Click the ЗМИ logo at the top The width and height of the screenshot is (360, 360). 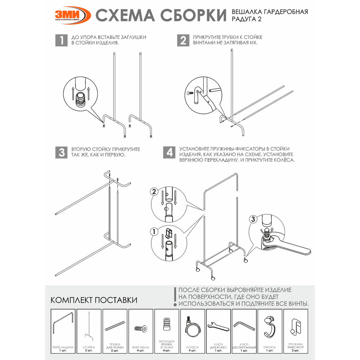point(72,15)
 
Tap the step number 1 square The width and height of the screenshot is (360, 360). point(61,40)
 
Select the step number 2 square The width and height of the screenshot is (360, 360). point(183,40)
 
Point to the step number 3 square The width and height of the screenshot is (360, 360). point(61,152)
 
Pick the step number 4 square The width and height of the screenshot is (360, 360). point(169,152)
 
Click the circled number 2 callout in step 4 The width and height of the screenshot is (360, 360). point(154,192)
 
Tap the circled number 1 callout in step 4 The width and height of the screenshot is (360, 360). point(154,231)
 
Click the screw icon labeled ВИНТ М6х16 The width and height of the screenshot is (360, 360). point(141,328)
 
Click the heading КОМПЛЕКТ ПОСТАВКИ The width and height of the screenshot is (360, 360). point(94,300)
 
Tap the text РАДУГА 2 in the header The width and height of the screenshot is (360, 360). point(246,19)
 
